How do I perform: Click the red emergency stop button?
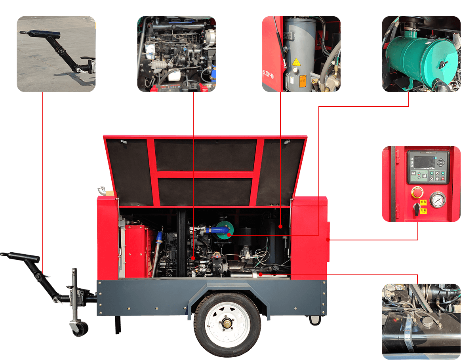tap(417, 194)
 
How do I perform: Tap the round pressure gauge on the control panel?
tap(436, 200)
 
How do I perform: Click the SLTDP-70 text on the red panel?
tap(268, 74)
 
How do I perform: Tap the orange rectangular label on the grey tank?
tap(302, 80)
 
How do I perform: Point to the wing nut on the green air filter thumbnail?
tap(443, 65)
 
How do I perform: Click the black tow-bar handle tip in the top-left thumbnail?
tap(24, 33)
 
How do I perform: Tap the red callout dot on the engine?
tap(193, 258)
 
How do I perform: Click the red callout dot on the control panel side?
tap(328, 239)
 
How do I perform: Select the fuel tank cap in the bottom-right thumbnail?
tap(428, 322)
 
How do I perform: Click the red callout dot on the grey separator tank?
tap(280, 227)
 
